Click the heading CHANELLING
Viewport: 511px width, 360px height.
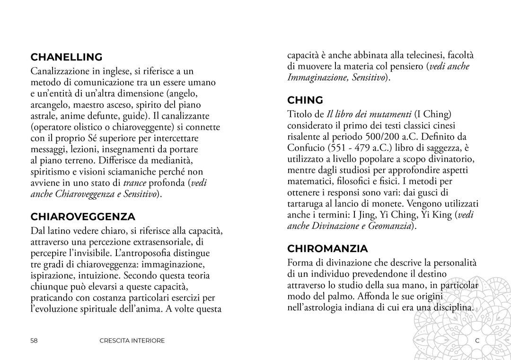(66, 57)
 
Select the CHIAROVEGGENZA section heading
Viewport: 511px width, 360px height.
(83, 217)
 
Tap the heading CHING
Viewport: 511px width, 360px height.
(305, 100)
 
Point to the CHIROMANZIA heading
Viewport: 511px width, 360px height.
(327, 248)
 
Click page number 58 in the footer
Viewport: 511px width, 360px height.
(34, 341)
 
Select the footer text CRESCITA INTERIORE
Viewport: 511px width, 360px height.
(132, 341)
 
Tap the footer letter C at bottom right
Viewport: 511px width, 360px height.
(477, 341)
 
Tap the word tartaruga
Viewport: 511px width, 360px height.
(308, 203)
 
